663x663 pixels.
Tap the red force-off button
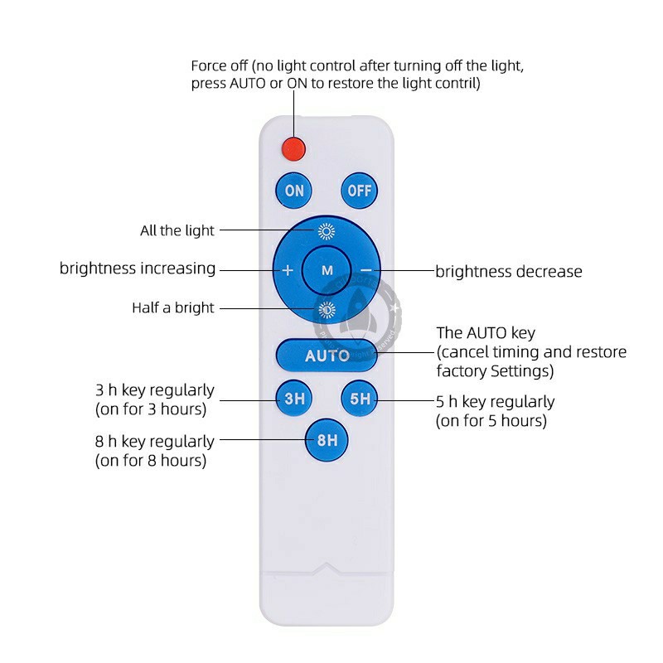(293, 148)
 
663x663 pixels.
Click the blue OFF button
(359, 191)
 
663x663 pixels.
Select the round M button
(327, 270)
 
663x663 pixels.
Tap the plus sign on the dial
(288, 270)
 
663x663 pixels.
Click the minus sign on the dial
(365, 270)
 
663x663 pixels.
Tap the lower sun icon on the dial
(327, 310)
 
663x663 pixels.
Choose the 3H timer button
(294, 399)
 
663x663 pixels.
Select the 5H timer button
(360, 399)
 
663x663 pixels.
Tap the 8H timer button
(327, 440)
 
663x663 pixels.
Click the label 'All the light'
(177, 230)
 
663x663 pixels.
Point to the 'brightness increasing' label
(138, 269)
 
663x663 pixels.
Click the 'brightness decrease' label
(509, 271)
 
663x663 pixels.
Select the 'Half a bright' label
(173, 307)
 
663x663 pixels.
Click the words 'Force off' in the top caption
(220, 65)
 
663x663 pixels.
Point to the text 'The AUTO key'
(486, 333)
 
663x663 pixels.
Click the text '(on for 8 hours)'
(151, 460)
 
